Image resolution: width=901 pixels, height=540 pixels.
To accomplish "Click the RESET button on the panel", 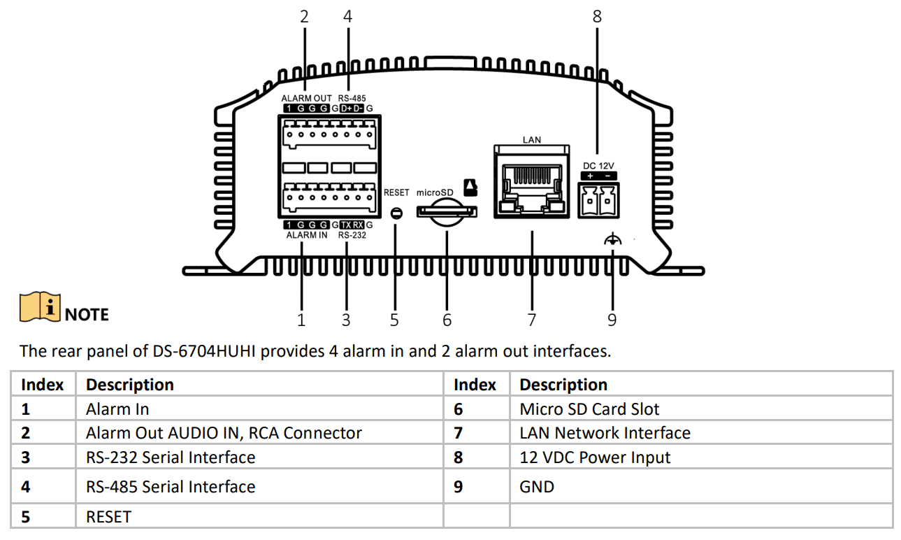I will point(396,213).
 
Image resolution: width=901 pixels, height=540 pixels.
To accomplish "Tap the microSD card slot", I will point(447,211).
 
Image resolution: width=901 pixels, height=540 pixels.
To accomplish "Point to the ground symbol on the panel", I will point(612,241).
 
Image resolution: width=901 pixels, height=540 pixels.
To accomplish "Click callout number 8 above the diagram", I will point(596,16).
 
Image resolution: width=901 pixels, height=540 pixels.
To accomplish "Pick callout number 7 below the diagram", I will point(531,320).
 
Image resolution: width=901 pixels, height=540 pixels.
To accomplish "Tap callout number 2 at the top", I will point(304,16).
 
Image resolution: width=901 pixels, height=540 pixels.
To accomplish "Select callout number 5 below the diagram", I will point(394,320).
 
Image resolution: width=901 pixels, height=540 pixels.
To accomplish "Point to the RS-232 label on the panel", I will point(352,236).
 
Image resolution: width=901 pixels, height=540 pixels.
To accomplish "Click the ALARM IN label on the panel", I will point(306,236).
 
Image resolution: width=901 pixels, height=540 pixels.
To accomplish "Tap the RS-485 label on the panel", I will point(352,99).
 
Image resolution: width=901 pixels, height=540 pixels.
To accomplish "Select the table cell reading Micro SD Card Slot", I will point(589,409).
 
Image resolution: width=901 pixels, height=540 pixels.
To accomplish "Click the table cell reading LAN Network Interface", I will point(605,433).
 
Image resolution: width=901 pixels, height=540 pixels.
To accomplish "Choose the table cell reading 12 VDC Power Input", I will point(595,457).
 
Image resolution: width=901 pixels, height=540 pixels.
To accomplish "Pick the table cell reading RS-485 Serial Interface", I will point(171,486).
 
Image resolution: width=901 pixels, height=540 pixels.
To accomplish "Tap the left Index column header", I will point(43,385).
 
